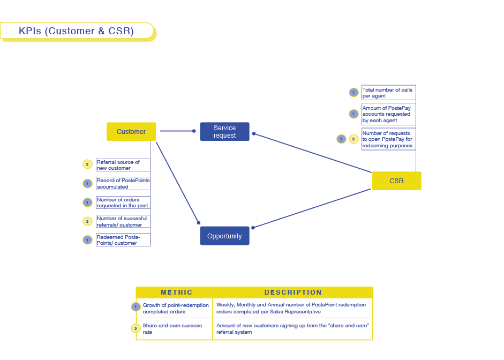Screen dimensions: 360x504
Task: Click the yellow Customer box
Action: click(131, 132)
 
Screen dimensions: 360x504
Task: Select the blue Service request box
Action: click(224, 132)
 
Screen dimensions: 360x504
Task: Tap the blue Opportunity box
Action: click(224, 236)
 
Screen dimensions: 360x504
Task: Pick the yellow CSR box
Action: click(396, 181)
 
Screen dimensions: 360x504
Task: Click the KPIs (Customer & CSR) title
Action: click(76, 31)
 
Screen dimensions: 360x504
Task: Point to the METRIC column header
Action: click(176, 292)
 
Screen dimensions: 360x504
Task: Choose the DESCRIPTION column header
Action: click(293, 292)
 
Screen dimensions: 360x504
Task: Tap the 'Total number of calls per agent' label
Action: click(387, 93)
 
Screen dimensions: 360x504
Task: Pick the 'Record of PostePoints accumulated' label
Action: click(123, 184)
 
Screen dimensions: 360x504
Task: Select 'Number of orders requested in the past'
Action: click(122, 202)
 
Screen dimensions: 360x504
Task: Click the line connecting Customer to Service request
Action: click(177, 131)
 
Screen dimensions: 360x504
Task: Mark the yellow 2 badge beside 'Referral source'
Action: click(87, 164)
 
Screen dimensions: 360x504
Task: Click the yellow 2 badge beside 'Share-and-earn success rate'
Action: click(136, 328)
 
